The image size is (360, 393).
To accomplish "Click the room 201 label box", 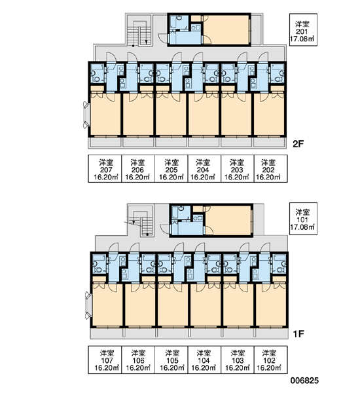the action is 303,29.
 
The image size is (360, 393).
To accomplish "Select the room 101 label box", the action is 303,219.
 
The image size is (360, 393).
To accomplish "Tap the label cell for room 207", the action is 105,168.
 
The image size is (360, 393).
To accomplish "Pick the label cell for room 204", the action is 204,168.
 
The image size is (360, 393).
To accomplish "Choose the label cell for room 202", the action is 271,168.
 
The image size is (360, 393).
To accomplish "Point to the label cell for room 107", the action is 105,360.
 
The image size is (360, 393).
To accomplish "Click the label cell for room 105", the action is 171,360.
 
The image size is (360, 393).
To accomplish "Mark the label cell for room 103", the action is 238,360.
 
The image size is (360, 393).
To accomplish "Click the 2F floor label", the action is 298,144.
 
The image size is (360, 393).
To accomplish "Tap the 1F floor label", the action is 298,333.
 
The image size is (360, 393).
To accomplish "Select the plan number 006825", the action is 304,381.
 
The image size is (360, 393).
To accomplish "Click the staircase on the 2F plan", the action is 139,33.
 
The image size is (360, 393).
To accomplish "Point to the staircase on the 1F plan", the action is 141,223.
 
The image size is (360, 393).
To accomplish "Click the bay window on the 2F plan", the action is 86,115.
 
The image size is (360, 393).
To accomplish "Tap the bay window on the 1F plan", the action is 88,305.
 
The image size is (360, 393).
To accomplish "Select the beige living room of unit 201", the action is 226,29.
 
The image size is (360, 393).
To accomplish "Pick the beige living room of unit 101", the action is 228,221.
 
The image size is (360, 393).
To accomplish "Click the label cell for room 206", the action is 138,168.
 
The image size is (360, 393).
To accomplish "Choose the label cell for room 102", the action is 271,360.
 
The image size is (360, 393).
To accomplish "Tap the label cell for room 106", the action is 138,360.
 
